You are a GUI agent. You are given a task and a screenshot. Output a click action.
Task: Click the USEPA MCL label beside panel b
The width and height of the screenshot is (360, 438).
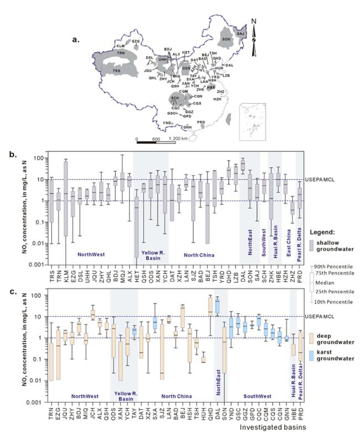318,179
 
